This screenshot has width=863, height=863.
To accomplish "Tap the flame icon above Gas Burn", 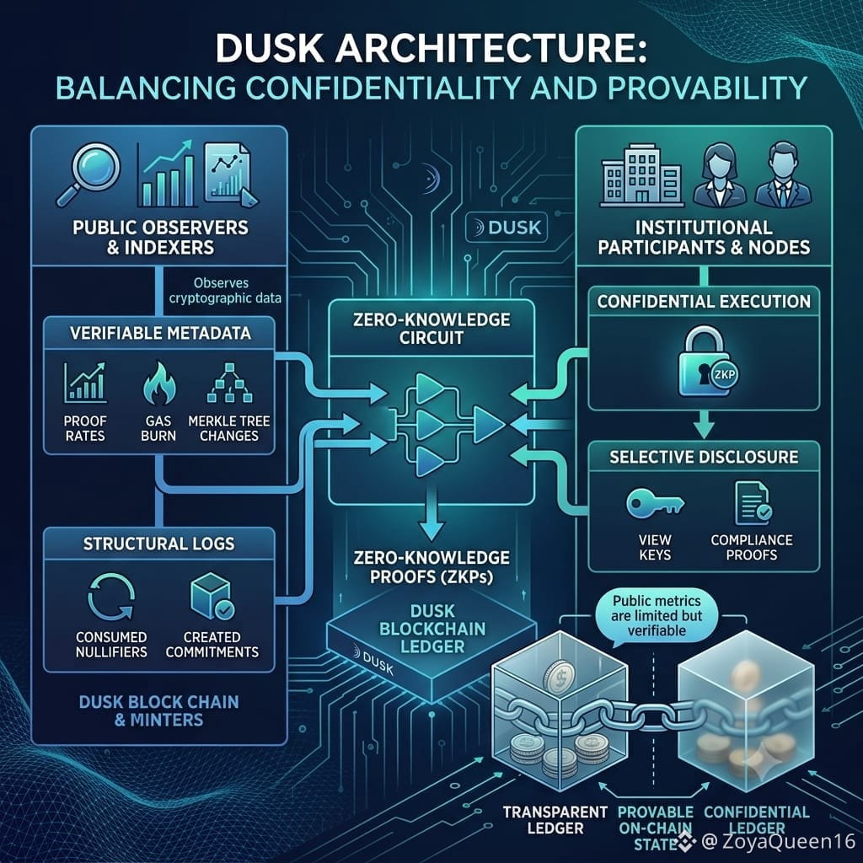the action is [x=159, y=383].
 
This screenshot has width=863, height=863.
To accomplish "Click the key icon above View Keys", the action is [x=655, y=503].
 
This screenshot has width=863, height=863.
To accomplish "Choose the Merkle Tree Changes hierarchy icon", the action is [x=229, y=383].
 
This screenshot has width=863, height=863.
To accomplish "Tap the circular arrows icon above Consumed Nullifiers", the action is [x=111, y=598].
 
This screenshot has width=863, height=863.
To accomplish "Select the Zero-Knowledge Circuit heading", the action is [x=431, y=329].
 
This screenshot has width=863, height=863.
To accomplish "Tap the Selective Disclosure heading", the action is [x=704, y=457].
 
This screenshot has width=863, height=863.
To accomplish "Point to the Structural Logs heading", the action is [x=159, y=544].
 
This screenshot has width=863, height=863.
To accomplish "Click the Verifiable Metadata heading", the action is [x=160, y=333].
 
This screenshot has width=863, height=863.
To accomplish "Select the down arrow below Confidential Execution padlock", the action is [x=704, y=425].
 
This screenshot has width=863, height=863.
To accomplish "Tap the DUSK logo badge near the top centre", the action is [x=507, y=228].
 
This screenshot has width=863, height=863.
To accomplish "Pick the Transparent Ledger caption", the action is [x=555, y=820].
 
